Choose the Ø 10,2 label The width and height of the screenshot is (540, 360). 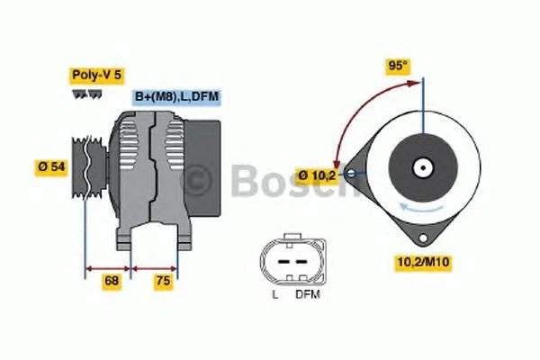coord(318,175)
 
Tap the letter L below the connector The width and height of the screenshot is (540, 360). coord(274,294)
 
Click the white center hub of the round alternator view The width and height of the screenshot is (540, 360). coord(422,167)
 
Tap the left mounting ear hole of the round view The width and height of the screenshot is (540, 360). coord(354,168)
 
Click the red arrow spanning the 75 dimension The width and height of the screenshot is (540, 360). coord(155,267)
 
